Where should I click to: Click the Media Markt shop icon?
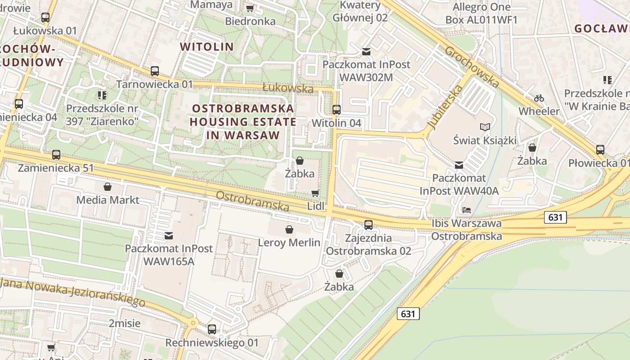[108, 186]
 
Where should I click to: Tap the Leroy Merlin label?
[289, 243]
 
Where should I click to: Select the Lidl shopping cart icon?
[315, 193]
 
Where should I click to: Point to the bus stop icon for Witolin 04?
[336, 109]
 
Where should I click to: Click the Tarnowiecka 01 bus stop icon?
[155, 71]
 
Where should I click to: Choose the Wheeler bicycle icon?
[539, 98]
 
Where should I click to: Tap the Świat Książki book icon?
[485, 127]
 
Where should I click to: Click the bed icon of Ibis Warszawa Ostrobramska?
[467, 210]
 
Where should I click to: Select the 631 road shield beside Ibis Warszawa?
[555, 217]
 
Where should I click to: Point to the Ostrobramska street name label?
[252, 201]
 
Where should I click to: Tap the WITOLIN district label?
[207, 47]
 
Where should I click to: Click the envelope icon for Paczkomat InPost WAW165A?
[169, 235]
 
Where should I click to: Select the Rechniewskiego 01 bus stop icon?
[212, 329]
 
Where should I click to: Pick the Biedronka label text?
[250, 21]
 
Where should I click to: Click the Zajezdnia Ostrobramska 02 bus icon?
[369, 225]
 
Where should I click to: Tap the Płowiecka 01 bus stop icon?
[600, 150]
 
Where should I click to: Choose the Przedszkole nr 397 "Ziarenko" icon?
[102, 95]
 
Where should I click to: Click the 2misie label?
[125, 323]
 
